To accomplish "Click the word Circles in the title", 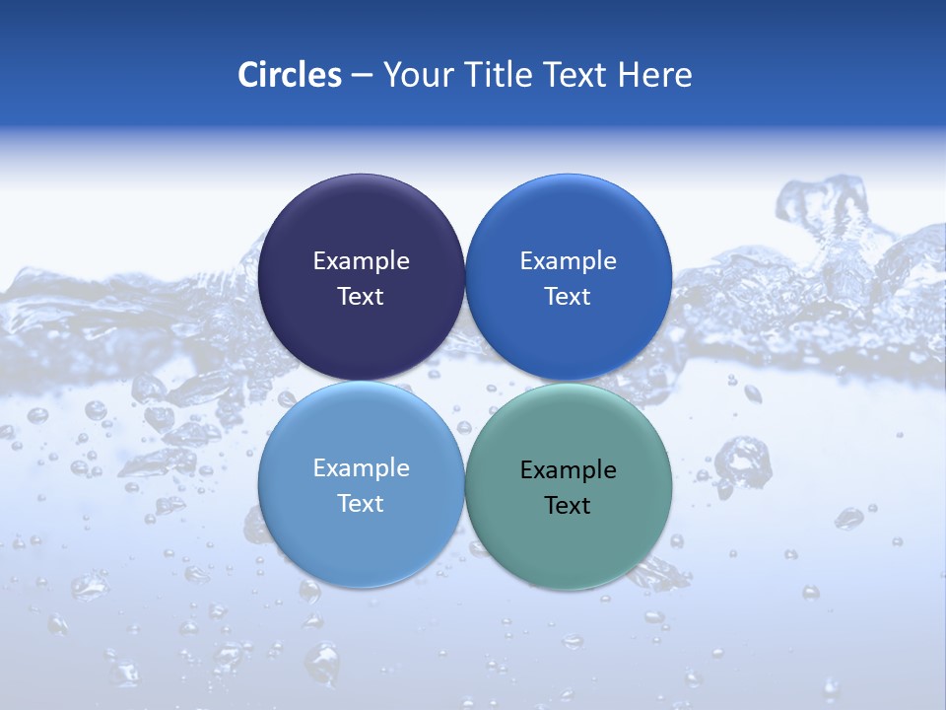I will tap(290, 75).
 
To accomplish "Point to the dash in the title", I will tap(362, 76).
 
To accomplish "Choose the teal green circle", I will tap(569, 537).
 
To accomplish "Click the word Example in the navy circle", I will tap(361, 261).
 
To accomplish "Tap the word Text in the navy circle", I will tap(361, 297).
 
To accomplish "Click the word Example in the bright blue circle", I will tap(568, 261).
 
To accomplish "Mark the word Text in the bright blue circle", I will tap(568, 297).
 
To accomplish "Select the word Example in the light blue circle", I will tap(361, 468).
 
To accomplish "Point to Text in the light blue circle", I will tap(361, 504).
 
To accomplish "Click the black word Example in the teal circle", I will tap(568, 470).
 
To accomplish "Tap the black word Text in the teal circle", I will tap(568, 506).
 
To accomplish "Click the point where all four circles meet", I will tap(465, 382).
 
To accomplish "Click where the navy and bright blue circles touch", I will tap(465, 277).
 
